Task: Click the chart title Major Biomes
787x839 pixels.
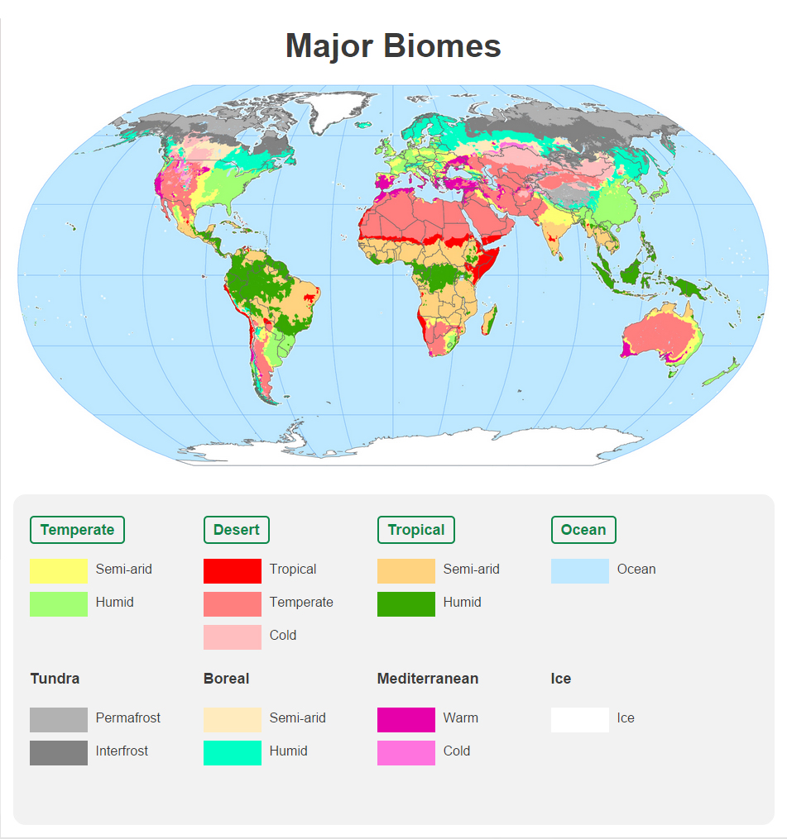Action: [393, 45]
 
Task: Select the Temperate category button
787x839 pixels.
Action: [77, 530]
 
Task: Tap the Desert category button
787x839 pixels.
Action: [236, 530]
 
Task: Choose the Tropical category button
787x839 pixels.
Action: [415, 530]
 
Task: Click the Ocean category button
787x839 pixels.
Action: [583, 530]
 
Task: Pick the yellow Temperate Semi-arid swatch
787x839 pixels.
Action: [58, 570]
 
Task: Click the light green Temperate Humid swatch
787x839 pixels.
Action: [58, 603]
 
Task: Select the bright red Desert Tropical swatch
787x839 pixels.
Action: [232, 570]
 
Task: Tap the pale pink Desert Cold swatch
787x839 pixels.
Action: [232, 636]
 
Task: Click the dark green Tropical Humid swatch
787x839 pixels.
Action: [405, 603]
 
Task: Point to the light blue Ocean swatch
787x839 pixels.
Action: [579, 570]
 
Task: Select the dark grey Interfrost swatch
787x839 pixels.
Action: [58, 752]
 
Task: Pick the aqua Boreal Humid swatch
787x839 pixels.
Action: [232, 752]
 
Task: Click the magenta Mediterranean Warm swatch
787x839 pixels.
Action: [405, 719]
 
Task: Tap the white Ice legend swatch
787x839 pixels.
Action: [579, 719]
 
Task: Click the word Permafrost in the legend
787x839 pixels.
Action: [128, 718]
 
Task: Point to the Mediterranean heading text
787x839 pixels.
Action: [427, 679]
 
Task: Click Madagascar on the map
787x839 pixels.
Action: [488, 317]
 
